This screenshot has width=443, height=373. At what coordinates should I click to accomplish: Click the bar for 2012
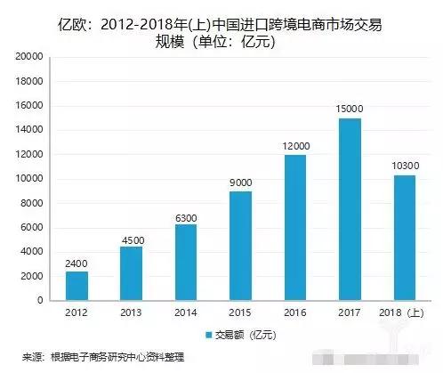point(77,286)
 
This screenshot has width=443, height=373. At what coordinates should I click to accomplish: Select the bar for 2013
point(131,273)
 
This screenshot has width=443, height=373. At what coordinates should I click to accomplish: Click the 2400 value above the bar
point(77,262)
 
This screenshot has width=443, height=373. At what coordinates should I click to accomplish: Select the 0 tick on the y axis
point(39,301)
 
